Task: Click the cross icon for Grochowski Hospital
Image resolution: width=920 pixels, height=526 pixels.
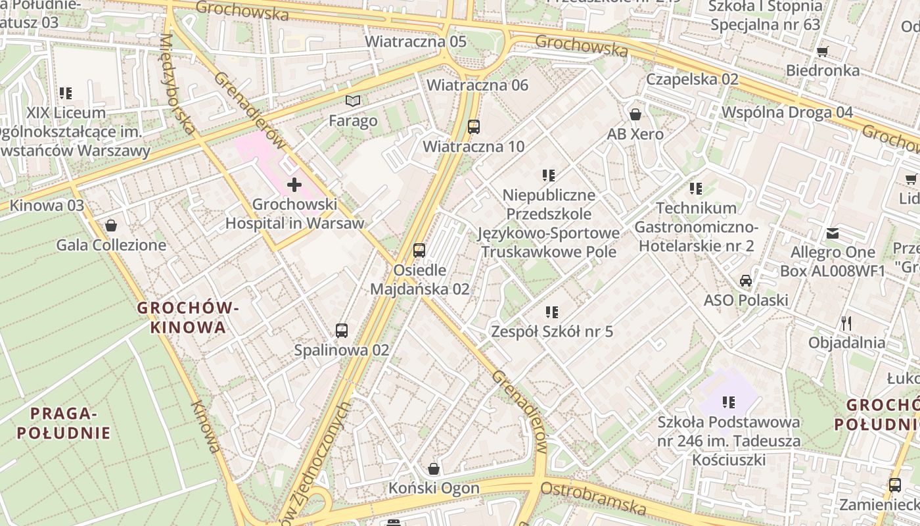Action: tap(294, 185)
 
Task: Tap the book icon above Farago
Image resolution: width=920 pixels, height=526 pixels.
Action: tap(353, 101)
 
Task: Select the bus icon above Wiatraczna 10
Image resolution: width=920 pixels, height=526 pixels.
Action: tap(474, 126)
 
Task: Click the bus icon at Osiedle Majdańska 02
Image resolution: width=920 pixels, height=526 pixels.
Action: tap(419, 251)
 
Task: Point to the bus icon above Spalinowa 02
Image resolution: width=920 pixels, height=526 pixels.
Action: tap(342, 330)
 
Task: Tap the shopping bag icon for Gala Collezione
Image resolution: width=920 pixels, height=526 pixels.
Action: tap(111, 226)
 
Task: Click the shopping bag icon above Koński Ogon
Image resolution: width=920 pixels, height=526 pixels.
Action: tap(434, 469)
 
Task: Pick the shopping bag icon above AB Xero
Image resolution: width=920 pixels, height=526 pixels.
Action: tap(635, 114)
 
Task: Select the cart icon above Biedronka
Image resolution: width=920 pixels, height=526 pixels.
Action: tap(822, 51)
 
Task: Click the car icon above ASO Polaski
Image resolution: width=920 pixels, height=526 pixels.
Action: tap(746, 281)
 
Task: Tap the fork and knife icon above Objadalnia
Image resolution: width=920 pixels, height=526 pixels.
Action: tap(846, 323)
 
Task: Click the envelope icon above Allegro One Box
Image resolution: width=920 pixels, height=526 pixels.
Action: tap(833, 233)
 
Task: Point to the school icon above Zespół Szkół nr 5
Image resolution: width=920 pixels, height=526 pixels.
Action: tap(552, 312)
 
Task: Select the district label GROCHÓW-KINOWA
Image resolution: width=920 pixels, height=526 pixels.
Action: tap(187, 317)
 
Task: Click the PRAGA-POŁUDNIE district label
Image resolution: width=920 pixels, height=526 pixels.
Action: tap(64, 423)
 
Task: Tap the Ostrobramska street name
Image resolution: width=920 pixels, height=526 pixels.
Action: tap(593, 498)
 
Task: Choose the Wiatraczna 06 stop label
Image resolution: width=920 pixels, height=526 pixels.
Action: tap(478, 85)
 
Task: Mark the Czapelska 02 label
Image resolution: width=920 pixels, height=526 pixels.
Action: tap(693, 79)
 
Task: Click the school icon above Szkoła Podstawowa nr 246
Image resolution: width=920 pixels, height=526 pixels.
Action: tap(728, 402)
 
